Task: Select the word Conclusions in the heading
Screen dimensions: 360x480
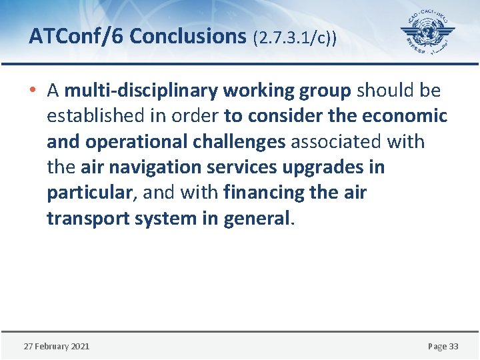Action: (188, 37)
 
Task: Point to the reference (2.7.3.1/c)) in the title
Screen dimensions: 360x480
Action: (295, 38)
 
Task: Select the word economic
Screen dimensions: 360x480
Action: (405, 116)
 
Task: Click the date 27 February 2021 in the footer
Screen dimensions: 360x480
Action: (57, 346)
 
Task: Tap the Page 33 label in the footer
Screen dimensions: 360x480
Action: (443, 346)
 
